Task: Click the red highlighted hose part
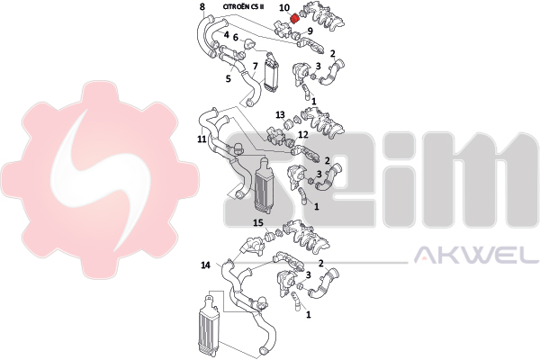(294, 18)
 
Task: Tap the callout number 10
(284, 7)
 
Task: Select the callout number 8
(202, 6)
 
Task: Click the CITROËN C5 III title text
(243, 6)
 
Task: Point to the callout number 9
(310, 31)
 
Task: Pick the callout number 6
(236, 37)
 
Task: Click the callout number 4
(226, 35)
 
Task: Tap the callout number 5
(229, 79)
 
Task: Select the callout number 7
(256, 66)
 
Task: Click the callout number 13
(280, 114)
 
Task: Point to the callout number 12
(303, 134)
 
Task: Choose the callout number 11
(202, 139)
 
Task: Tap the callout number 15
(258, 223)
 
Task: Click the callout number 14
(205, 265)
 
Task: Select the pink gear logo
(100, 180)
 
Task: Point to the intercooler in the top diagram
(271, 75)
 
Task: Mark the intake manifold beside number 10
(322, 18)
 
